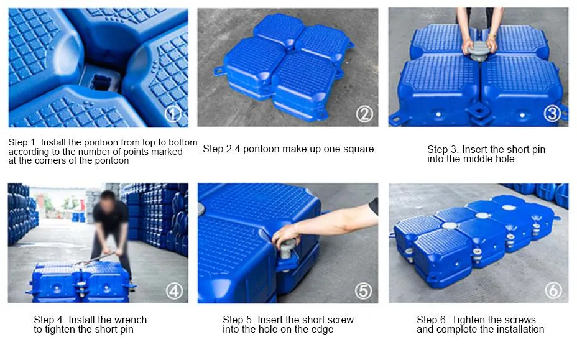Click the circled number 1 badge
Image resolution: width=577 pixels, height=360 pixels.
(x=173, y=113)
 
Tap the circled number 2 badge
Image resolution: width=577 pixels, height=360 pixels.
(x=364, y=113)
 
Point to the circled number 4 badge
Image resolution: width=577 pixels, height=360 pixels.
(x=174, y=290)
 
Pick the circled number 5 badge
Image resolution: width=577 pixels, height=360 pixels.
(x=363, y=290)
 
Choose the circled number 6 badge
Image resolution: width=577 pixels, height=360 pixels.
(x=553, y=290)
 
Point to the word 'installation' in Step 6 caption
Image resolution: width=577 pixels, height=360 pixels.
(x=519, y=330)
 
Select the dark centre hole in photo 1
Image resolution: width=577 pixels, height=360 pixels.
(x=99, y=81)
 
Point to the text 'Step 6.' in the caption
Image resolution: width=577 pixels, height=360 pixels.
(x=432, y=320)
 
